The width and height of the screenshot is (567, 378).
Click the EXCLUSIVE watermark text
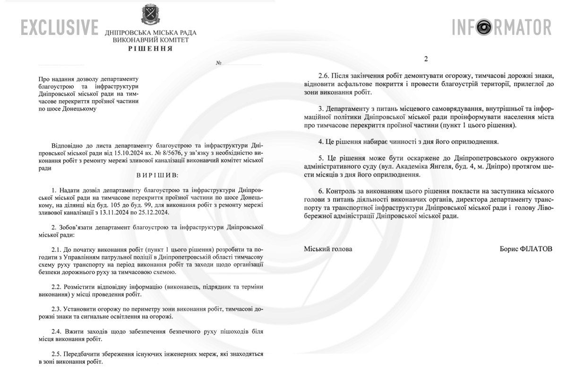click(x=60, y=27)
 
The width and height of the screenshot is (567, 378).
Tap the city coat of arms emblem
click(x=150, y=15)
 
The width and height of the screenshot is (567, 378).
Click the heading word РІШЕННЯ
click(x=151, y=49)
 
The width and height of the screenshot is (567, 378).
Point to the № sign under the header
click(x=219, y=63)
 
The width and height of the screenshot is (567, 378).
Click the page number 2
click(x=426, y=59)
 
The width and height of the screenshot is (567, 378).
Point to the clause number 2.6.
click(x=324, y=76)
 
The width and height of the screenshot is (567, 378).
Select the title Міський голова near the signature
click(x=327, y=249)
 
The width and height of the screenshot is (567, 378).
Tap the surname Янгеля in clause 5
click(x=449, y=166)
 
